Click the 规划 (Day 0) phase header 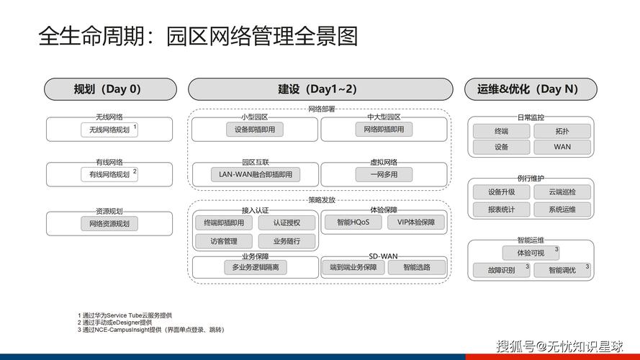point(110,89)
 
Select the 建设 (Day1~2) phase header point(320,89)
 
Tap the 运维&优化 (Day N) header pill point(531,89)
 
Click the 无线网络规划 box point(109,130)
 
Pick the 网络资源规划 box point(109,224)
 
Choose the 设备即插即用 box point(255,130)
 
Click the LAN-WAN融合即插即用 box point(256,174)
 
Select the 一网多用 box point(384,174)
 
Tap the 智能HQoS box point(353,222)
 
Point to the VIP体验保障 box point(416,222)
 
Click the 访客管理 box point(224,241)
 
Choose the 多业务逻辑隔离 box point(256,267)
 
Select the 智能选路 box point(417,267)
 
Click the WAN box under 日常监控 point(562,147)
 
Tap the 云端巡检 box point(562,192)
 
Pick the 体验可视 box point(531,253)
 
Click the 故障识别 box point(501,270)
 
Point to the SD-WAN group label point(383,256)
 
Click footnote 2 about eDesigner point(114,323)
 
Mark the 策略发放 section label point(322,200)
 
